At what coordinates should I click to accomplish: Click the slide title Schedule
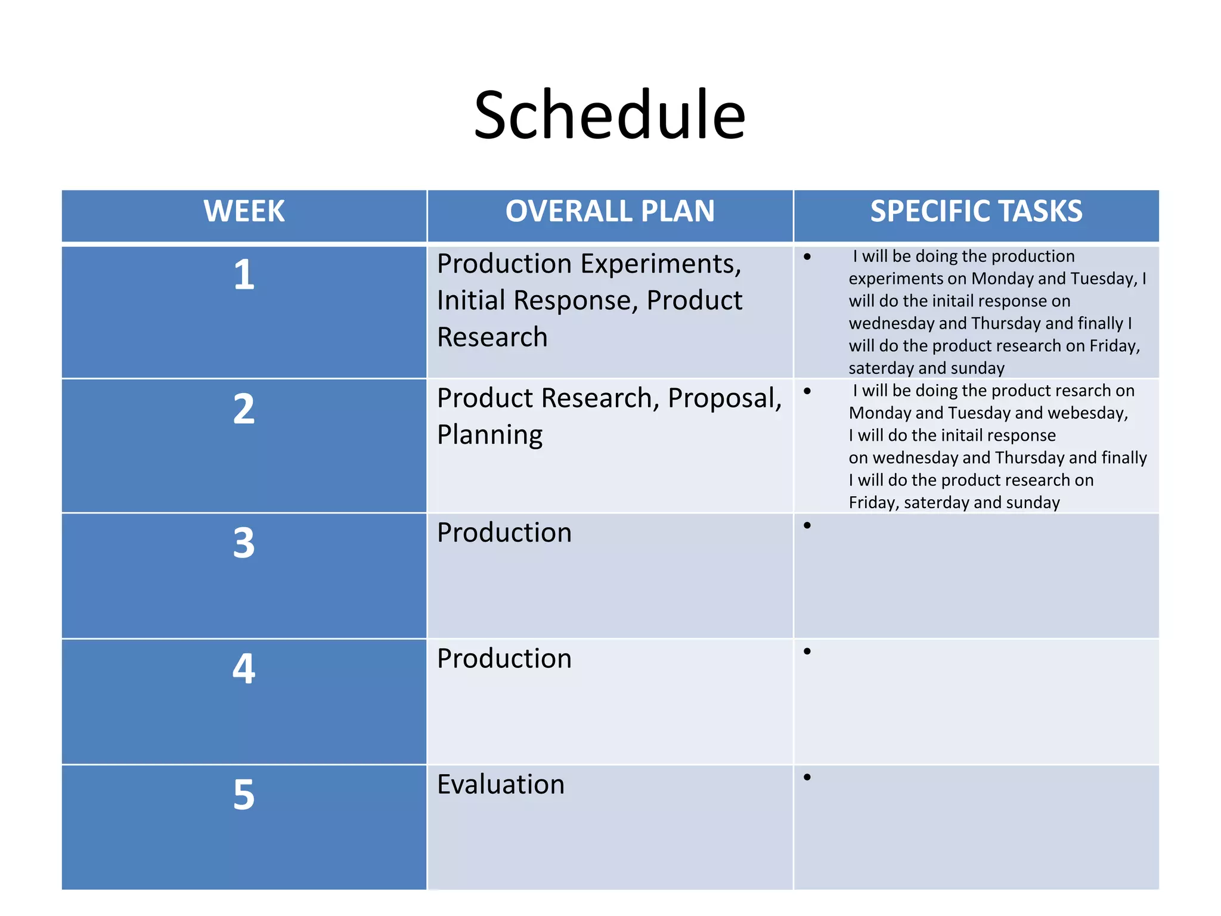tap(609, 114)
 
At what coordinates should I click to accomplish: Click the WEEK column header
tap(244, 211)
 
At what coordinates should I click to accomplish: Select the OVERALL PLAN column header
tap(610, 211)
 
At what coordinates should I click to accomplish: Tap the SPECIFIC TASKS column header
tap(976, 211)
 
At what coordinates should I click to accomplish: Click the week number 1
tap(244, 275)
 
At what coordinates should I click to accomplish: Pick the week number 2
tap(244, 409)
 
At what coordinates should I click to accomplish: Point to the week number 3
tap(244, 543)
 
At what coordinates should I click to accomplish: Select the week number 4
tap(244, 669)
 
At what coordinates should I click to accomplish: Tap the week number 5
tap(244, 795)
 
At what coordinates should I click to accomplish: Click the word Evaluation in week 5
tap(500, 784)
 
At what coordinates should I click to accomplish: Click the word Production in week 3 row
tap(504, 533)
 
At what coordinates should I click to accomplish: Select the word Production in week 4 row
tap(504, 658)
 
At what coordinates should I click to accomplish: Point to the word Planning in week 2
tap(489, 435)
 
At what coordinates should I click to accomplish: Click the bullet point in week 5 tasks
tap(807, 777)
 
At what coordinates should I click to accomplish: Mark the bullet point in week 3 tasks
tap(807, 525)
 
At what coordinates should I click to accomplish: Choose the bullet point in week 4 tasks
tap(807, 651)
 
